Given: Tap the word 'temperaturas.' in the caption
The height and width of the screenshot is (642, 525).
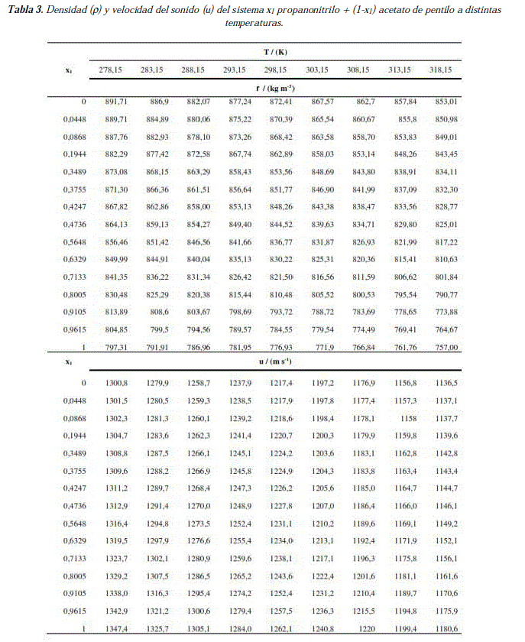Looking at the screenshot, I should pos(254,24).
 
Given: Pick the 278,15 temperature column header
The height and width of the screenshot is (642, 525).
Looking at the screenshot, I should pos(110,70).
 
